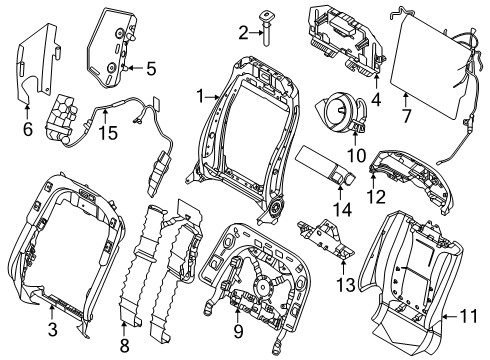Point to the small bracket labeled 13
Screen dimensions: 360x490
click(325, 240)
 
